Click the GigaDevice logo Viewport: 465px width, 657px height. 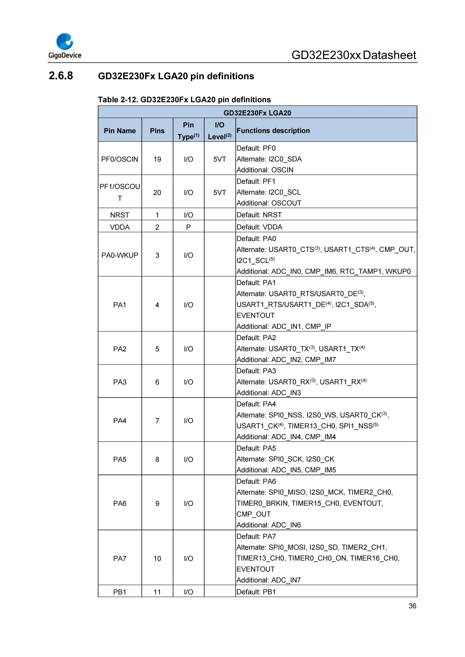65,46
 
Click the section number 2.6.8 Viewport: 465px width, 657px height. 61,76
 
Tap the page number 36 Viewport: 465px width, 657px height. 412,606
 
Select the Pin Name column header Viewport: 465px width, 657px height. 120,131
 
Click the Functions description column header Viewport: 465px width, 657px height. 273,131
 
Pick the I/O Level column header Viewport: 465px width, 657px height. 220,131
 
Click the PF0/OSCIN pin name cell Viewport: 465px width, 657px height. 120,159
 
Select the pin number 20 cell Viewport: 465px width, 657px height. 157,193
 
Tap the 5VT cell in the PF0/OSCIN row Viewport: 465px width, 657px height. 220,159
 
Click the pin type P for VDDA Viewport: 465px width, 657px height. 188,227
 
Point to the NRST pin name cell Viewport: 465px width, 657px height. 120,215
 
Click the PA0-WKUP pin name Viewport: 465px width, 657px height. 120,255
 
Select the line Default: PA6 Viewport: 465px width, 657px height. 256,481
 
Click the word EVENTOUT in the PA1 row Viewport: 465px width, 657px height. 255,315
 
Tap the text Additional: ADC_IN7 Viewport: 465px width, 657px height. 269,580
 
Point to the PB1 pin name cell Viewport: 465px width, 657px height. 120,592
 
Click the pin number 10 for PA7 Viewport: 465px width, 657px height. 157,558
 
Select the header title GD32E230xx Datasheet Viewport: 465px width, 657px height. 354,55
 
